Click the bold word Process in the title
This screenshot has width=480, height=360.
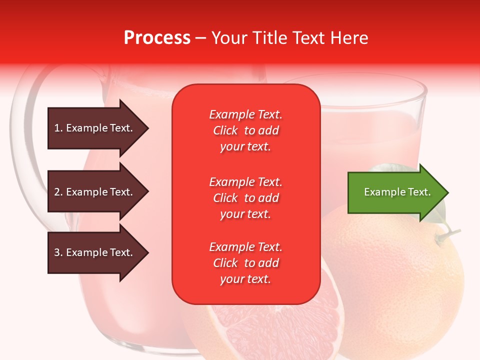pos(157,37)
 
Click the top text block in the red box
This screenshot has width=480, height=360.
pos(245,130)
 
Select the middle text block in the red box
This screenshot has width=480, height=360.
pos(245,198)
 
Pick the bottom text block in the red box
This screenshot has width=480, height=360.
pos(245,263)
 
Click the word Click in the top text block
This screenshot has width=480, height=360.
pos(225,130)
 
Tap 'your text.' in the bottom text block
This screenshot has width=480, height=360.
pos(245,279)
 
